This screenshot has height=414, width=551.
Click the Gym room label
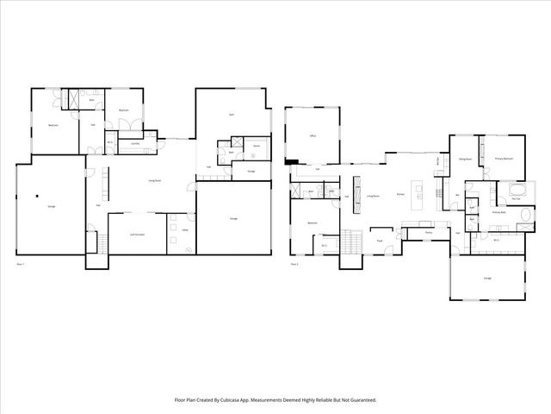coord(232,115)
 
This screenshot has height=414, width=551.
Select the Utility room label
coord(184,231)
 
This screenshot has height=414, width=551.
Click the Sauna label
coord(257,147)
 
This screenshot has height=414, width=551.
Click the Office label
coord(314,135)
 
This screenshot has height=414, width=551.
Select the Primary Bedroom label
coord(505,159)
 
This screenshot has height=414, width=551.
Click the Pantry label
coord(428,232)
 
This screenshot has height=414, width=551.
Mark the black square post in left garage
coord(38,197)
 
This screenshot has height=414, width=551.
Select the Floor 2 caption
coord(294,263)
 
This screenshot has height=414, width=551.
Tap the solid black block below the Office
coord(293,160)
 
